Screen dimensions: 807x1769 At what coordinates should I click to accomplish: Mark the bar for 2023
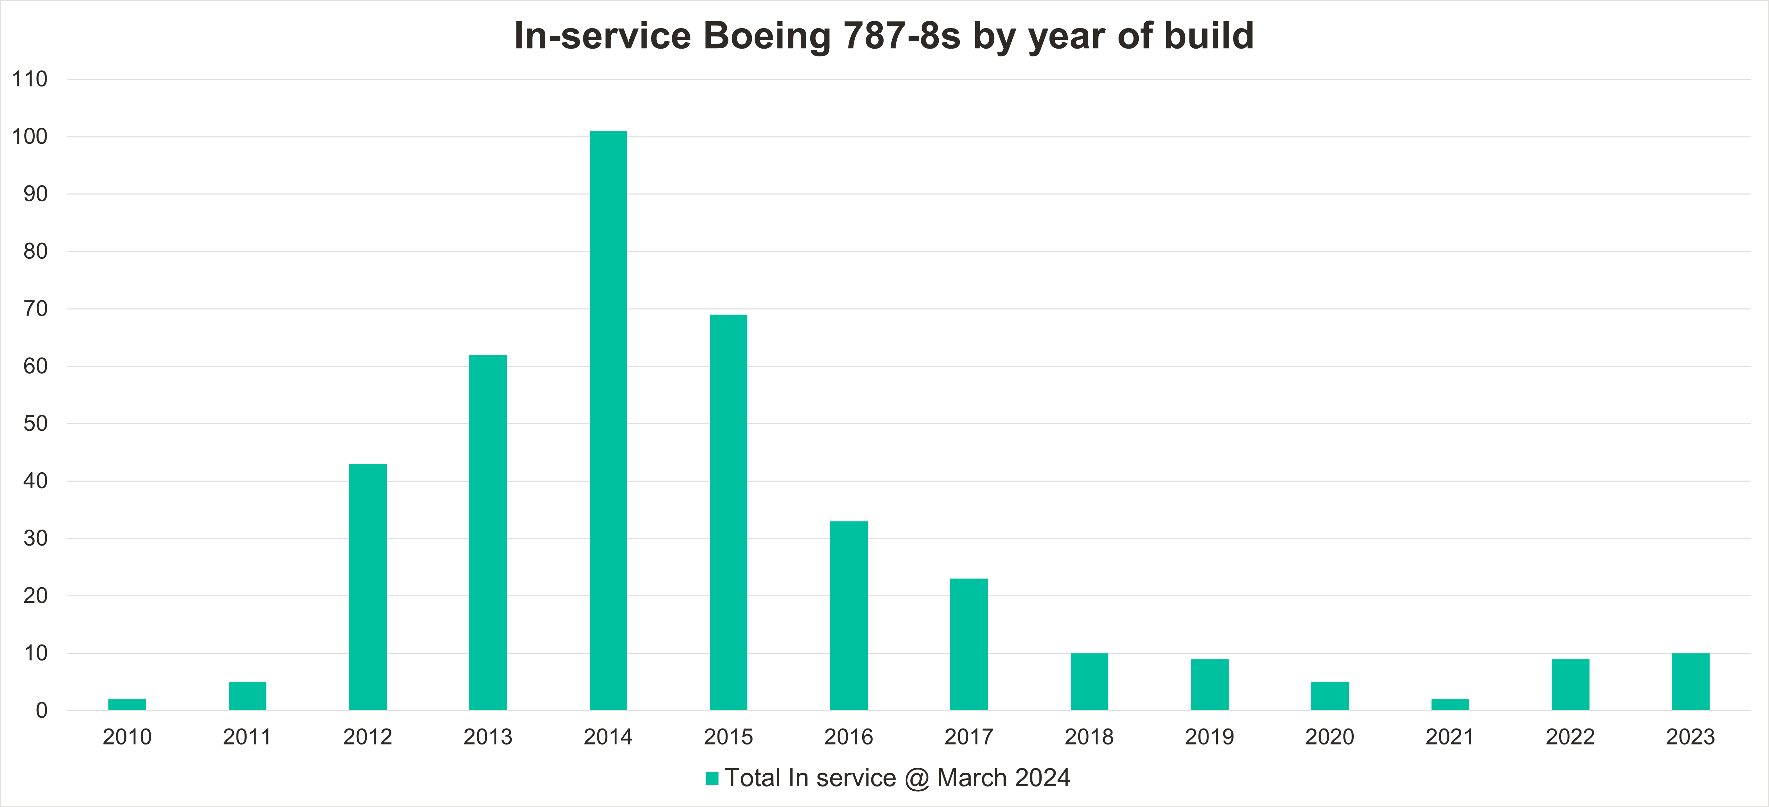(x=1690, y=681)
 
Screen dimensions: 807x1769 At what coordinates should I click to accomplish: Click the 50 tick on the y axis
(x=35, y=424)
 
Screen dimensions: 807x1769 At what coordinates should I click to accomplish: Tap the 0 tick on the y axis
(x=41, y=710)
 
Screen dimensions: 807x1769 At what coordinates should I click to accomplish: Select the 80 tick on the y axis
(x=35, y=251)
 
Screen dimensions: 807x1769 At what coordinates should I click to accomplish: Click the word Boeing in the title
(x=767, y=36)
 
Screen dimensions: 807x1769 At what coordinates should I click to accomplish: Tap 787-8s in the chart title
(x=901, y=36)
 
